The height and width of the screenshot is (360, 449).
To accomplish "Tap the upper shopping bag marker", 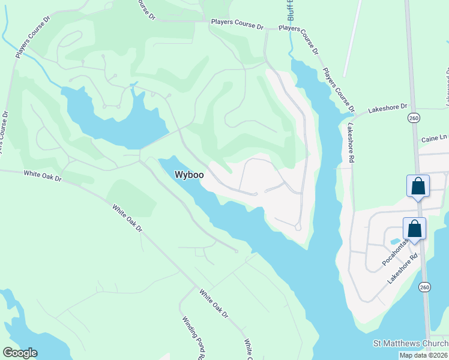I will coord(418,187).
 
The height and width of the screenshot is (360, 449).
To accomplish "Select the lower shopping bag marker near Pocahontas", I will coord(414,229).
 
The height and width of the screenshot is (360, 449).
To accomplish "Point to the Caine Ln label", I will coord(435,138).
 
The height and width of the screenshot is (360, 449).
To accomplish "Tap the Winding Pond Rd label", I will coord(191,337).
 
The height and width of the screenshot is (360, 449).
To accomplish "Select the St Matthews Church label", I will coord(410,344).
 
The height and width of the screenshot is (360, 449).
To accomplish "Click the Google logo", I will coord(20,353).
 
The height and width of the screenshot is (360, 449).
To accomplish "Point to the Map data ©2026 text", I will coord(423,355).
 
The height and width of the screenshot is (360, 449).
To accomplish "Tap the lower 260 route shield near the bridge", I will coord(425,287).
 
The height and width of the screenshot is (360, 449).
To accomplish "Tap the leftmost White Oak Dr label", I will coord(43,174).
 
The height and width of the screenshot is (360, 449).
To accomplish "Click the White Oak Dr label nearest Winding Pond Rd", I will coord(214,304).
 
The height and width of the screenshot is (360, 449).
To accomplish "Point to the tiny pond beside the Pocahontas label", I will coord(394,241).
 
